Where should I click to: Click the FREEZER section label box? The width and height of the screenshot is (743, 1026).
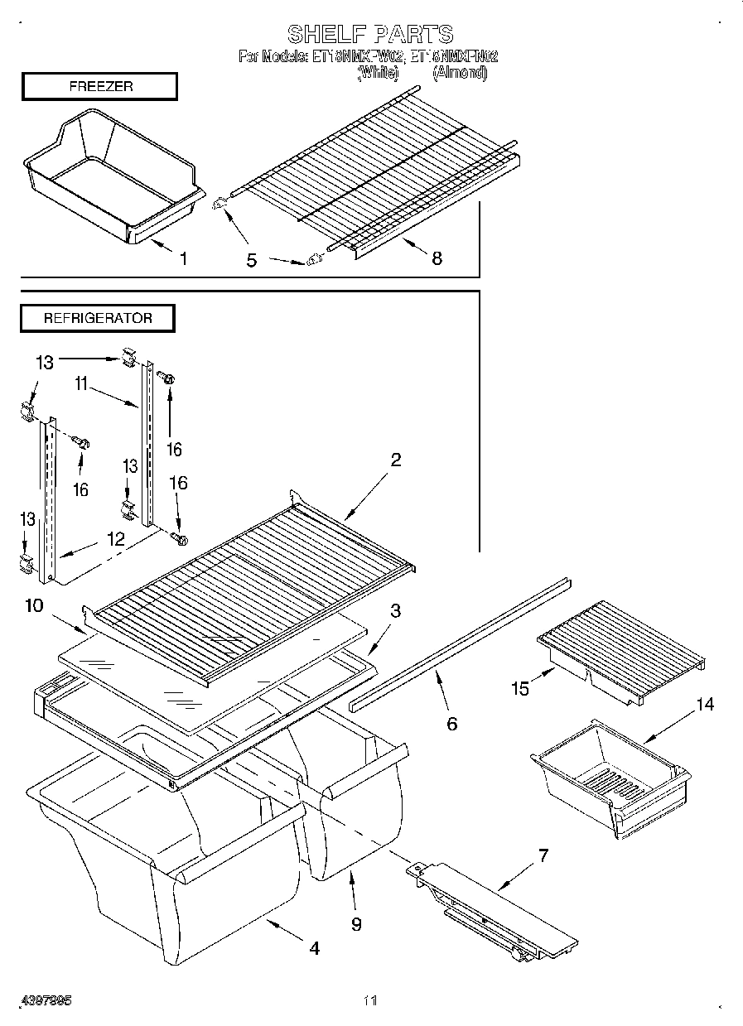pos(99,87)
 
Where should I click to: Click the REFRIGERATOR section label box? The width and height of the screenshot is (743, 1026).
pos(98,318)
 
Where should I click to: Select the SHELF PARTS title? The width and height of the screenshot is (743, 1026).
pos(370,34)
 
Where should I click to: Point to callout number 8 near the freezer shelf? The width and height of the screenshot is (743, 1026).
pos(436,258)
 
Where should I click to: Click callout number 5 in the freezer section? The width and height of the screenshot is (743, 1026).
pos(251,261)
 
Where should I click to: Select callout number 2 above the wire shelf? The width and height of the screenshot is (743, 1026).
pos(396,460)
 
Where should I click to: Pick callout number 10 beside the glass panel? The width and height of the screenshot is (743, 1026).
pos(34,606)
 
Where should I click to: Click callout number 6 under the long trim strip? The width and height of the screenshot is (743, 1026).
pos(451,724)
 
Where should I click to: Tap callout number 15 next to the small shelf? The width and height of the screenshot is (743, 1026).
pos(520,688)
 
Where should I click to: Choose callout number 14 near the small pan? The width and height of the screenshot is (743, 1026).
pos(704,705)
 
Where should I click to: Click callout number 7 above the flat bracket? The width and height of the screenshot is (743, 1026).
pos(543,855)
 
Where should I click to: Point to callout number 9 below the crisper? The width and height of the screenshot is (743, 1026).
pos(356,924)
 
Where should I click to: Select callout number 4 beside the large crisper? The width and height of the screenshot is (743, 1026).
pos(314,949)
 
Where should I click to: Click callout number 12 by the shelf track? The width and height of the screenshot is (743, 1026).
pos(115,540)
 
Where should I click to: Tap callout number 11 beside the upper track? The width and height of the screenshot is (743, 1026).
pos(80,384)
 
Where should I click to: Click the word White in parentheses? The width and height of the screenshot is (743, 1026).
pos(378,73)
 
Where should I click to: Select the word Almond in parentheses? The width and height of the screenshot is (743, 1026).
pos(461,73)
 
